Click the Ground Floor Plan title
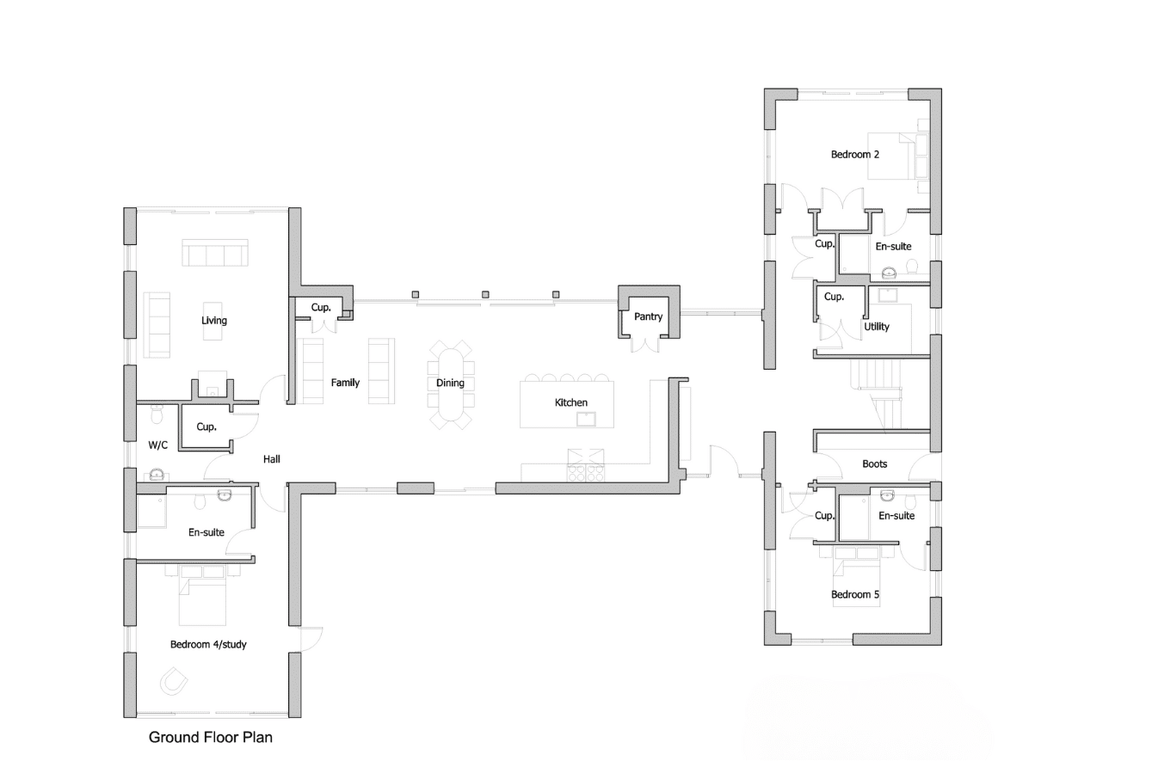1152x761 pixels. coord(210,738)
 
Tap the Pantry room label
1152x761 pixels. coord(648,316)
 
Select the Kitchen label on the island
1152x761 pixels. coord(571,402)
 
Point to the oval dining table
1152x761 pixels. coord(451,384)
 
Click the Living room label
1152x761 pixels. coord(214,321)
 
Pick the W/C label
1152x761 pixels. coord(158,445)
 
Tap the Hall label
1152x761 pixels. coord(272,459)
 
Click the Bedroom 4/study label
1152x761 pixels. coord(208,644)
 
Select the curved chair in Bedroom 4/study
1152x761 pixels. coord(174,681)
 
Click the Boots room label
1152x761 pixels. coord(874,464)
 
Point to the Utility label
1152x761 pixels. coord(877,327)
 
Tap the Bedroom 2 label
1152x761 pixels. coord(854,154)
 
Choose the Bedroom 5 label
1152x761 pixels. coord(854,594)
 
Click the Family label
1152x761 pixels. coord(345,383)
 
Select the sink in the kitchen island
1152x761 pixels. coord(586,419)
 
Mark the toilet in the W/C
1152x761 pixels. coord(157,414)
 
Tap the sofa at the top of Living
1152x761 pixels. coord(215,252)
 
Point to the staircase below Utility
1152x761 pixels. coord(877,394)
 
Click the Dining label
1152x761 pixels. coord(450,383)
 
